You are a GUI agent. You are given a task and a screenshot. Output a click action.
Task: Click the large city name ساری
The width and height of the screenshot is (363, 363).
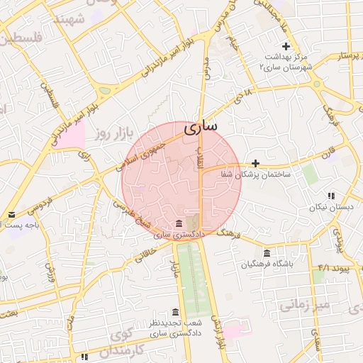(201, 128)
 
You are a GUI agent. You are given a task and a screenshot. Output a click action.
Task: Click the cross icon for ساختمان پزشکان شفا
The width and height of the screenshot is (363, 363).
(256, 163)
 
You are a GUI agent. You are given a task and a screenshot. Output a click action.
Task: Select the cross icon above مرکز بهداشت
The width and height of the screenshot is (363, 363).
(286, 46)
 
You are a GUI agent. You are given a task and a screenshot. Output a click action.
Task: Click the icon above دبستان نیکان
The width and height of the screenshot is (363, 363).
(330, 196)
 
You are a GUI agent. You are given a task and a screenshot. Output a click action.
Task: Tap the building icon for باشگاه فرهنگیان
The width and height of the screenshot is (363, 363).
(267, 254)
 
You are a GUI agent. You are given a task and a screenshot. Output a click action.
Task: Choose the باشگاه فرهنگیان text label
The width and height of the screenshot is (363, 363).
(267, 264)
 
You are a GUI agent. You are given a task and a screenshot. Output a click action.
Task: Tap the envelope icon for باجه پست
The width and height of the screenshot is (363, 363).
(11, 214)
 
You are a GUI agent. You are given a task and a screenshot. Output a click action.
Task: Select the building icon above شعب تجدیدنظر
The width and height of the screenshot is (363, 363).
(175, 313)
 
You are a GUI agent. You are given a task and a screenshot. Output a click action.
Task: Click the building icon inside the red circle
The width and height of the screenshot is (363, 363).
(175, 223)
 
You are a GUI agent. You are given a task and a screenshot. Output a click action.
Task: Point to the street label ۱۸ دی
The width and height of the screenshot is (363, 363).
(245, 94)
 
